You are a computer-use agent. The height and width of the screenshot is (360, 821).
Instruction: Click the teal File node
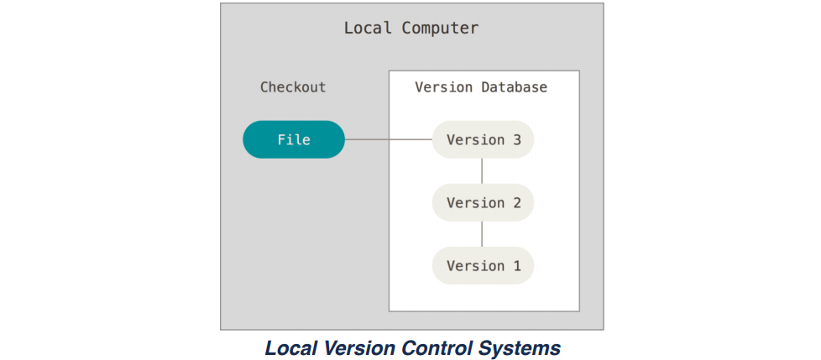pyautogui.click(x=294, y=139)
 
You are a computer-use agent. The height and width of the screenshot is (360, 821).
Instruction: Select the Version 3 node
pyautogui.click(x=483, y=139)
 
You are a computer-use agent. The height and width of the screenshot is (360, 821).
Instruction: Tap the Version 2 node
pyautogui.click(x=483, y=202)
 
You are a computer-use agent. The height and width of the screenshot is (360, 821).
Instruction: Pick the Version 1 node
pyautogui.click(x=483, y=265)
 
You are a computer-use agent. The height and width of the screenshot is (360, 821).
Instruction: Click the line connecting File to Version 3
pyautogui.click(x=388, y=139)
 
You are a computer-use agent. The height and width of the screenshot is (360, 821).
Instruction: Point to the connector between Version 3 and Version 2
pyautogui.click(x=483, y=170)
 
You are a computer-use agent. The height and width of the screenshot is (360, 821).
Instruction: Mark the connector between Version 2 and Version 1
pyautogui.click(x=483, y=233)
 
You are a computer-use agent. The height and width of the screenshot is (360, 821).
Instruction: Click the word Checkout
pyautogui.click(x=293, y=87)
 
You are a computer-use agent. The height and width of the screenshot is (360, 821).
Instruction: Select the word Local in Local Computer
pyautogui.click(x=368, y=28)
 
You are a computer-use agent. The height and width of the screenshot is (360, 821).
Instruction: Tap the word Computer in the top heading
pyautogui.click(x=440, y=28)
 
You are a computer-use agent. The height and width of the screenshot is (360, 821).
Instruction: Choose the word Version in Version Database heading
pyautogui.click(x=443, y=87)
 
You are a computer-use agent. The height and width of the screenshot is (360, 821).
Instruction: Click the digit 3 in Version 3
pyautogui.click(x=516, y=139)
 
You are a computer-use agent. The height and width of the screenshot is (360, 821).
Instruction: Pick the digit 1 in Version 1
pyautogui.click(x=516, y=265)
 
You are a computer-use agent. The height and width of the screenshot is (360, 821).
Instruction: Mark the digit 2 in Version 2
pyautogui.click(x=516, y=202)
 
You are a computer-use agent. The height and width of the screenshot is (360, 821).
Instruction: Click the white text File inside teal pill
pyautogui.click(x=294, y=139)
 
